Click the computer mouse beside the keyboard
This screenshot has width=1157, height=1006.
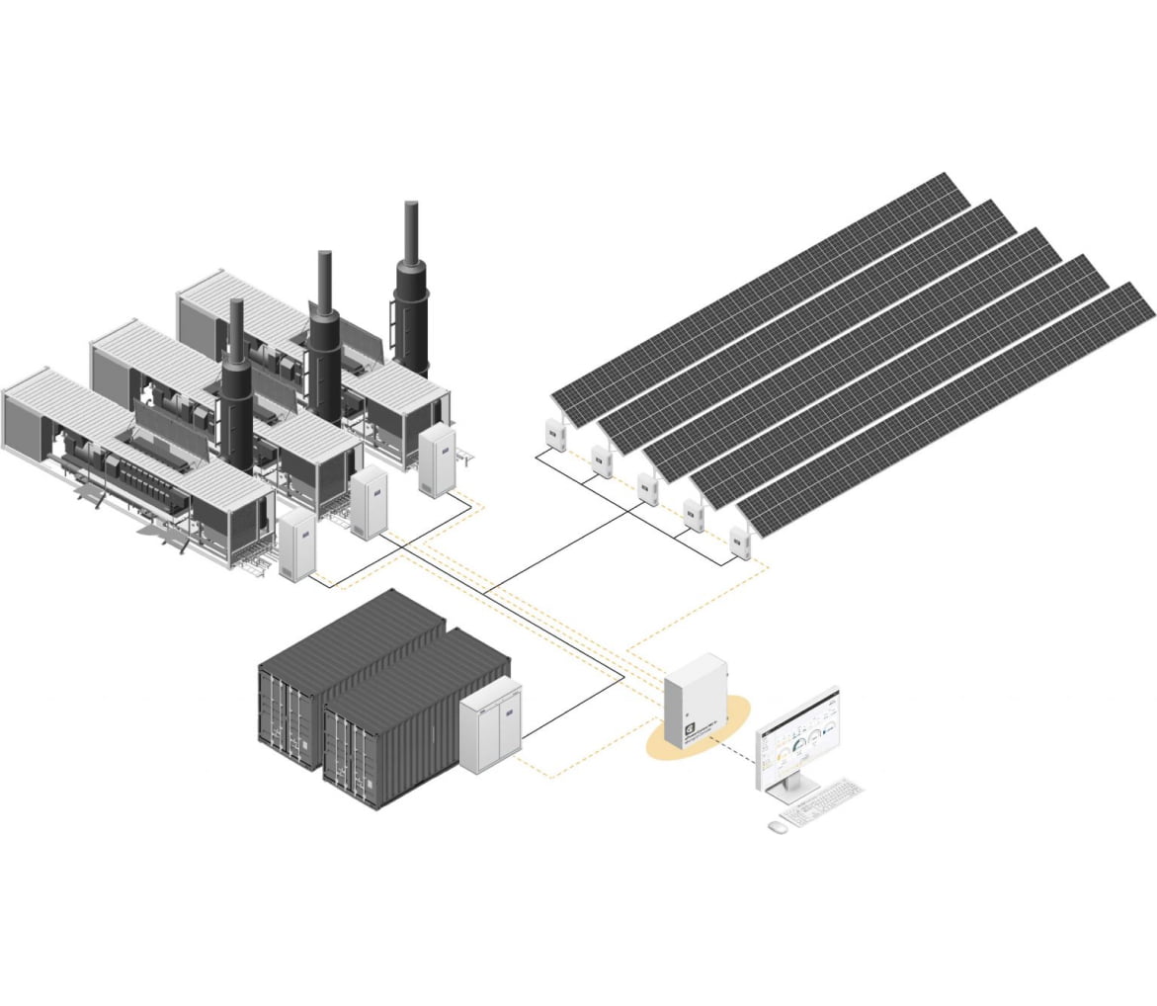coord(778,824)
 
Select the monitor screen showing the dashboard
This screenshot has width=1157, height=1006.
coord(798,737)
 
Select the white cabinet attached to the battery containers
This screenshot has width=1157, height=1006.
coord(491,725)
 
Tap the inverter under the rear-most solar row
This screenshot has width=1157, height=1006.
coord(553,436)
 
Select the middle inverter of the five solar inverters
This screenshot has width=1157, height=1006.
coord(647,488)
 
